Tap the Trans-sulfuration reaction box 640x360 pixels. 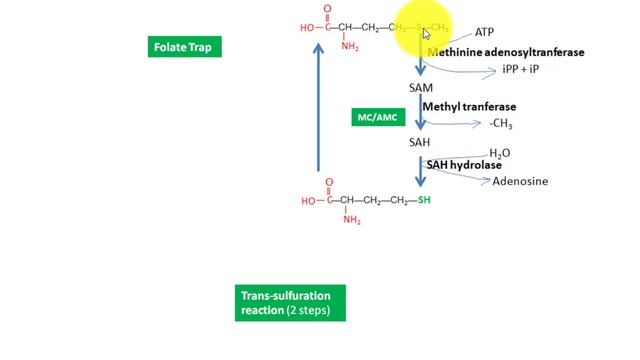(x=291, y=303)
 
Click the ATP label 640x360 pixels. (x=484, y=33)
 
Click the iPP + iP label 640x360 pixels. (x=521, y=72)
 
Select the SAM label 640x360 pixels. (x=421, y=88)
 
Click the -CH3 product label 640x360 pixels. (x=500, y=124)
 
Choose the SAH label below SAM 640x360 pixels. (x=420, y=142)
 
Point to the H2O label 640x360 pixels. (x=499, y=153)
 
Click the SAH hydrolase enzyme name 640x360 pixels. (x=464, y=165)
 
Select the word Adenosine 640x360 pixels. (x=520, y=182)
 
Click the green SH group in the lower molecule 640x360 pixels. (x=424, y=201)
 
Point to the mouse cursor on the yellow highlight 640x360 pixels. (x=426, y=33)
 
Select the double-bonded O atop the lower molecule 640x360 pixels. (x=327, y=182)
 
